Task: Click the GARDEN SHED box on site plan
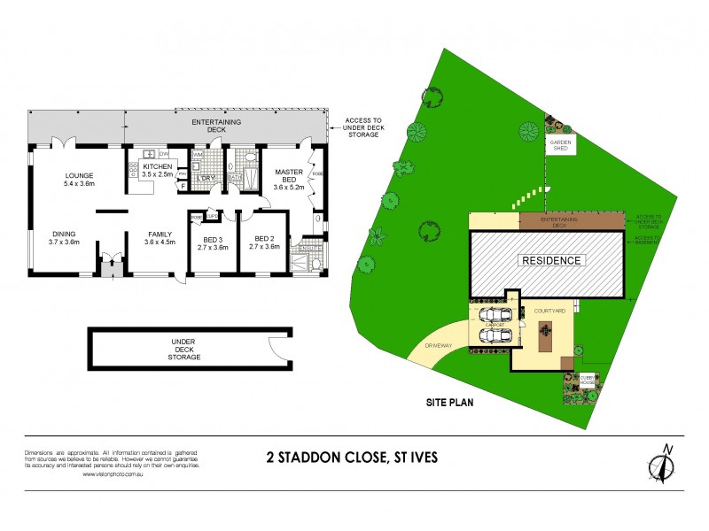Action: pos(561,144)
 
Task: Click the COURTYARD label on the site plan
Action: pos(549,312)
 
